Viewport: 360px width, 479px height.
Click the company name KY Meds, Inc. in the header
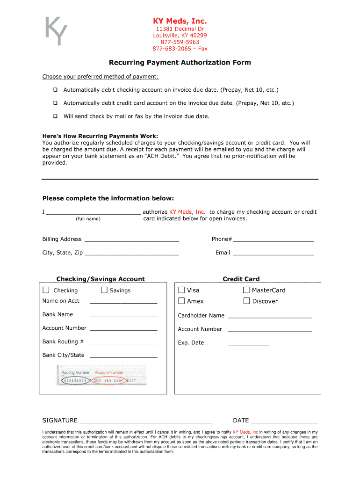[180, 21]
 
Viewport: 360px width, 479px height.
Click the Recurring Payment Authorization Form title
[180, 63]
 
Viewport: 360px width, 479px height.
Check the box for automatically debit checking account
[55, 90]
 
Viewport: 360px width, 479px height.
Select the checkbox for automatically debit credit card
[55, 103]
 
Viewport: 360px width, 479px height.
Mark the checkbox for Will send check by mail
[55, 116]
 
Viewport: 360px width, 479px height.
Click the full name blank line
[94, 212]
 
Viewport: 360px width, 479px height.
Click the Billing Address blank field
[131, 240]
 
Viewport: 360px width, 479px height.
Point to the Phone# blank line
[273, 240]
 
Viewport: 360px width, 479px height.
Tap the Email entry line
[273, 254]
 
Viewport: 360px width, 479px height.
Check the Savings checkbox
[104, 290]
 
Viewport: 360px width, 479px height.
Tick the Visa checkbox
[181, 290]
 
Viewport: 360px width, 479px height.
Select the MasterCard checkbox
[246, 290]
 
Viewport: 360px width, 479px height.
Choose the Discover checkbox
[246, 301]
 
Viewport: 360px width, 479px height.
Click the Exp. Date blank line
[248, 344]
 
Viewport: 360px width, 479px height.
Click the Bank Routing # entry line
[123, 343]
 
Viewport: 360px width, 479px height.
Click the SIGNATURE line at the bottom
[145, 421]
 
